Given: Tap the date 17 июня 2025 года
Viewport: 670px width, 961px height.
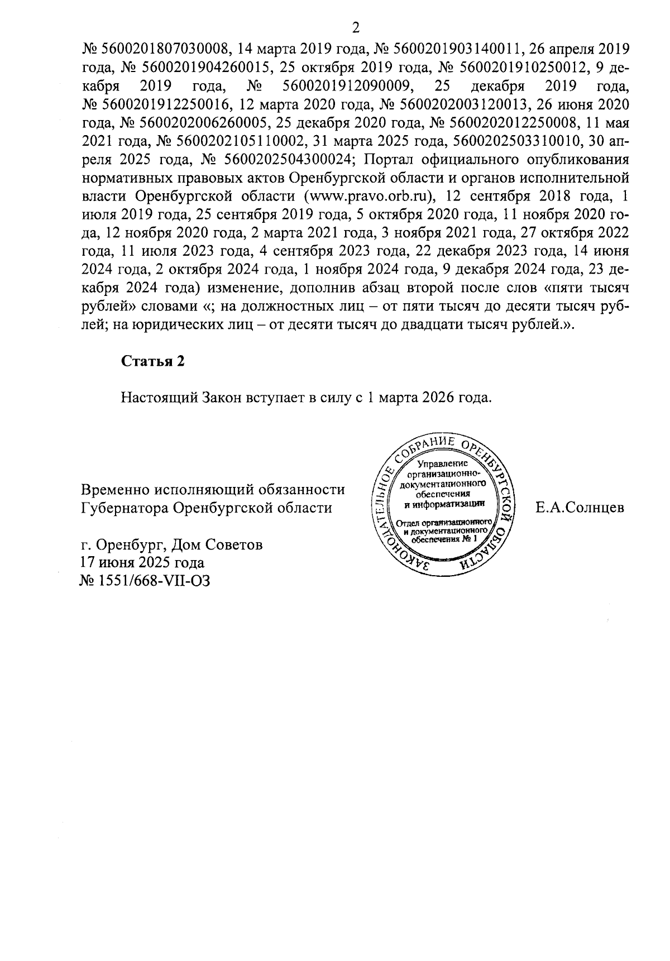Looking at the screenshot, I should click(142, 562).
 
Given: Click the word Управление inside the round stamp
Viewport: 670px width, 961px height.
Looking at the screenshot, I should click(445, 463).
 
